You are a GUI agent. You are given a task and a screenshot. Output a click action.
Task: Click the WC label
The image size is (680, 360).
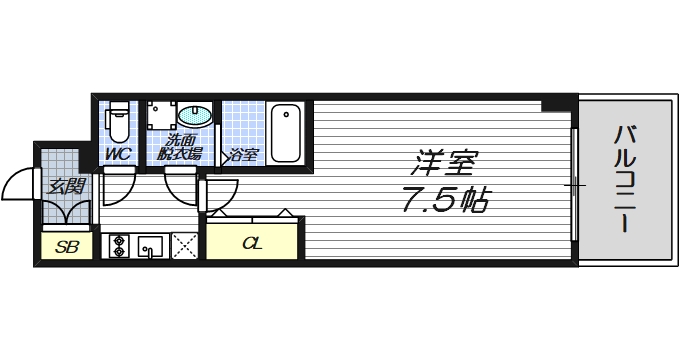119,154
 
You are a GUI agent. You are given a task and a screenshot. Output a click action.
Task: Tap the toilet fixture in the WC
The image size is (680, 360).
118,121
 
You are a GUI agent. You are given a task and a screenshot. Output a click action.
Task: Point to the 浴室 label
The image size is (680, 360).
244,155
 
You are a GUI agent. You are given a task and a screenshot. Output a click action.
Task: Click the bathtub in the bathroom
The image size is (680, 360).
285,132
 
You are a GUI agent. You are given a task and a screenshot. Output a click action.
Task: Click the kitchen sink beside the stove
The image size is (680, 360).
151,245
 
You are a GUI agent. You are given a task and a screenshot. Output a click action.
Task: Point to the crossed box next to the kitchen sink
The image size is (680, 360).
185,245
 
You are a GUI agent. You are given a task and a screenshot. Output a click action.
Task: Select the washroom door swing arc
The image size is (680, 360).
184,185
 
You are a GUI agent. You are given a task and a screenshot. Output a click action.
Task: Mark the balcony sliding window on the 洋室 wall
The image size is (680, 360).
574,185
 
